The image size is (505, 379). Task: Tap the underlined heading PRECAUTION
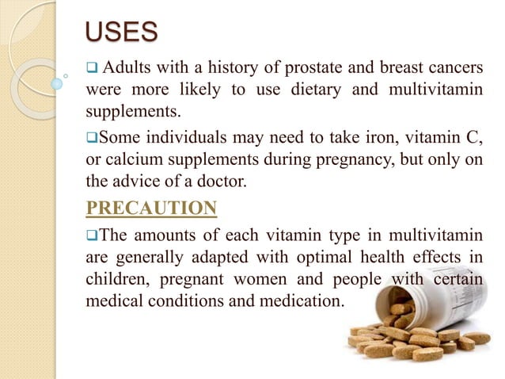click(151, 208)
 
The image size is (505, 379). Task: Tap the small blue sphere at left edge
click(56, 83)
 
